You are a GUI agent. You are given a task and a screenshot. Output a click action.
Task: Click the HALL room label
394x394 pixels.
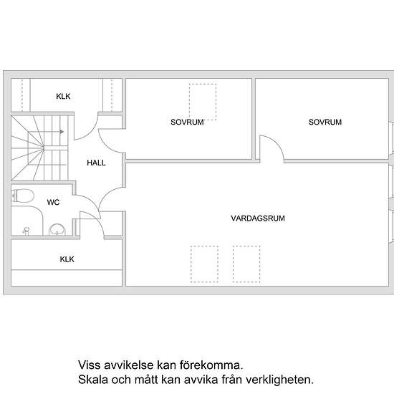pos(96,163)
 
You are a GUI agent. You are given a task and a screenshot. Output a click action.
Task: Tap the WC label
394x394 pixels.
pos(53,202)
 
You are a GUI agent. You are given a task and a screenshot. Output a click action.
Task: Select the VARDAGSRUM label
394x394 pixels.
pos(258,218)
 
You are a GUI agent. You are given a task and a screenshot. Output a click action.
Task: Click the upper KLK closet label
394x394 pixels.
pos(63,96)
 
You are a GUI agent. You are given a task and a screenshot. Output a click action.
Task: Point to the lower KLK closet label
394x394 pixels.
pos(67,259)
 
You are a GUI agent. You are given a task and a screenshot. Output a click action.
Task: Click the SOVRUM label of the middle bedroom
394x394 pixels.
pos(187,122)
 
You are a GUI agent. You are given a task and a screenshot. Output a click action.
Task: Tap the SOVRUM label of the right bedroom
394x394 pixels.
pos(325,122)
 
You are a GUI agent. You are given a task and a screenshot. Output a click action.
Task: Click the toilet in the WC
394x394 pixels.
pos(23,196)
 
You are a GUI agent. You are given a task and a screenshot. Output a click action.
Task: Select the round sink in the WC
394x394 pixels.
pos(57,229)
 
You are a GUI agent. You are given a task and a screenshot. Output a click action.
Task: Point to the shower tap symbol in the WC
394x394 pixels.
pos(26,231)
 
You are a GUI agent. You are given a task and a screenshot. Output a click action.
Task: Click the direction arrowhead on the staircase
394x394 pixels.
pos(62,132)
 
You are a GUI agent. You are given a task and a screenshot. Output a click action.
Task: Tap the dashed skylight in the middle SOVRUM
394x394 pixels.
pos(203,85)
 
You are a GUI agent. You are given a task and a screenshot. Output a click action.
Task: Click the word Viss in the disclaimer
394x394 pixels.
pos(89,365)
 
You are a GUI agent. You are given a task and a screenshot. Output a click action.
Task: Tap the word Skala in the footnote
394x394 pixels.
pos(93,380)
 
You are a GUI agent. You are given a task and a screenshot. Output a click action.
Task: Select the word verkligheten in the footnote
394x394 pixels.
pos(279,380)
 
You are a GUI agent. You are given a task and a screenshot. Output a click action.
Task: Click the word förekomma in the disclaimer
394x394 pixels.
pos(211,365)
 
